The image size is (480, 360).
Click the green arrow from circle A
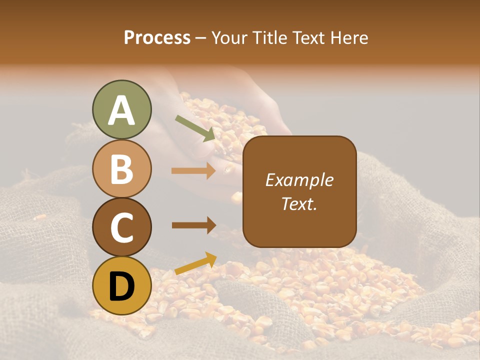point(194,128)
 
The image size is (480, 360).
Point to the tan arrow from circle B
point(193,171)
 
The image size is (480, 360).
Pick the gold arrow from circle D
point(195,264)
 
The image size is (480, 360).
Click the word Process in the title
point(157,38)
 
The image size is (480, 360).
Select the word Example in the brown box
point(299,180)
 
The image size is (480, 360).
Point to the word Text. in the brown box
point(299,203)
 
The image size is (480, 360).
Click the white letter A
point(121,110)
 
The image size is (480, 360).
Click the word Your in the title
point(229,38)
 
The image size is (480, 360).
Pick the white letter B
point(121,168)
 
